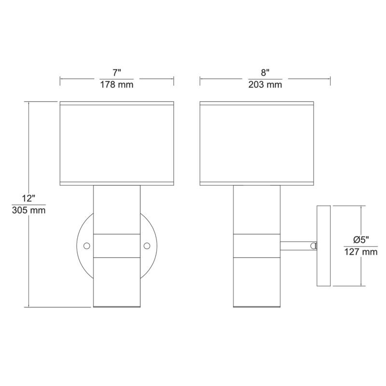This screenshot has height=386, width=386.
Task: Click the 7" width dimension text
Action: pyautogui.click(x=117, y=73)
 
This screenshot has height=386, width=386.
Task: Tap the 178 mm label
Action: pyautogui.click(x=117, y=85)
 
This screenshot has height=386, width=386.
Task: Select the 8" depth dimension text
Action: pyautogui.click(x=264, y=73)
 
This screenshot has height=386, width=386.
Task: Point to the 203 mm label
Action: pyautogui.click(x=264, y=85)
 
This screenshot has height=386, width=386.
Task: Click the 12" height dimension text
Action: pyautogui.click(x=28, y=199)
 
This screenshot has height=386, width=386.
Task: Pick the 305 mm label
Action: pyautogui.click(x=28, y=211)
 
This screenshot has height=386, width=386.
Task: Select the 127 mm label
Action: pyautogui.click(x=360, y=252)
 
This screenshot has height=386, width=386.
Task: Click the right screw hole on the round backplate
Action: pyautogui.click(x=147, y=246)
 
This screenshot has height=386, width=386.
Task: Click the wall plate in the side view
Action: pyautogui.click(x=322, y=246)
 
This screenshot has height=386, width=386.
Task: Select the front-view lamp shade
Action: pyautogui.click(x=116, y=143)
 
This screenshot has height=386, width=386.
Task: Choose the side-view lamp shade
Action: pyautogui.click(x=257, y=143)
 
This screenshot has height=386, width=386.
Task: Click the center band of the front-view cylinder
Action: pyautogui.click(x=117, y=246)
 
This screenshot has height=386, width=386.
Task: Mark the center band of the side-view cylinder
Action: pyautogui.click(x=257, y=246)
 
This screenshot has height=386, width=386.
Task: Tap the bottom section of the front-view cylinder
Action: pyautogui.click(x=117, y=282)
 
